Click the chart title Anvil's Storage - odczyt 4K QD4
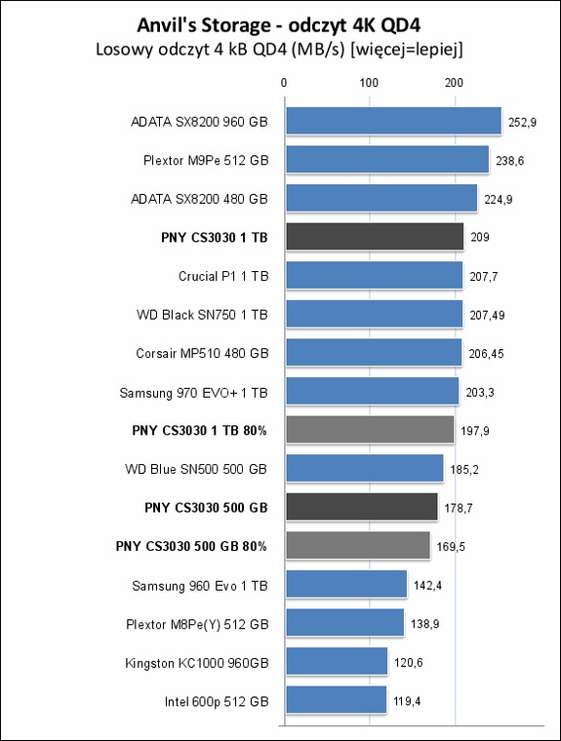pyautogui.click(x=279, y=25)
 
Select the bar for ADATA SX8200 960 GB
pyautogui.click(x=393, y=121)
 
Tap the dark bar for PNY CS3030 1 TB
pyautogui.click(x=375, y=237)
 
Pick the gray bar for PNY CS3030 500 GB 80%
pyautogui.click(x=358, y=545)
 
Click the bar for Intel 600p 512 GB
pyautogui.click(x=337, y=700)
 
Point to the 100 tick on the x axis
pyautogui.click(x=369, y=83)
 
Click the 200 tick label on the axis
pyautogui.click(x=454, y=83)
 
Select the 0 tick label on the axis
pyautogui.click(x=284, y=83)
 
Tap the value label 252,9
pyautogui.click(x=522, y=123)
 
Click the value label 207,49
pyautogui.click(x=487, y=315)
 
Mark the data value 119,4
pyautogui.click(x=407, y=701)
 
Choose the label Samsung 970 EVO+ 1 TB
pyautogui.click(x=193, y=393)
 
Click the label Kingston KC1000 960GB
pyautogui.click(x=197, y=663)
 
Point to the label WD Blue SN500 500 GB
pyautogui.click(x=196, y=469)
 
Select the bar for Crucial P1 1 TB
pyautogui.click(x=374, y=275)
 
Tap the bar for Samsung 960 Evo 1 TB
pyautogui.click(x=346, y=584)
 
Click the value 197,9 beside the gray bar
pyautogui.click(x=475, y=431)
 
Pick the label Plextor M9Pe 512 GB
pyautogui.click(x=206, y=160)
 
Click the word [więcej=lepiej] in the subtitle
pyautogui.click(x=406, y=50)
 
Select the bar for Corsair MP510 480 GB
pyautogui.click(x=374, y=352)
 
